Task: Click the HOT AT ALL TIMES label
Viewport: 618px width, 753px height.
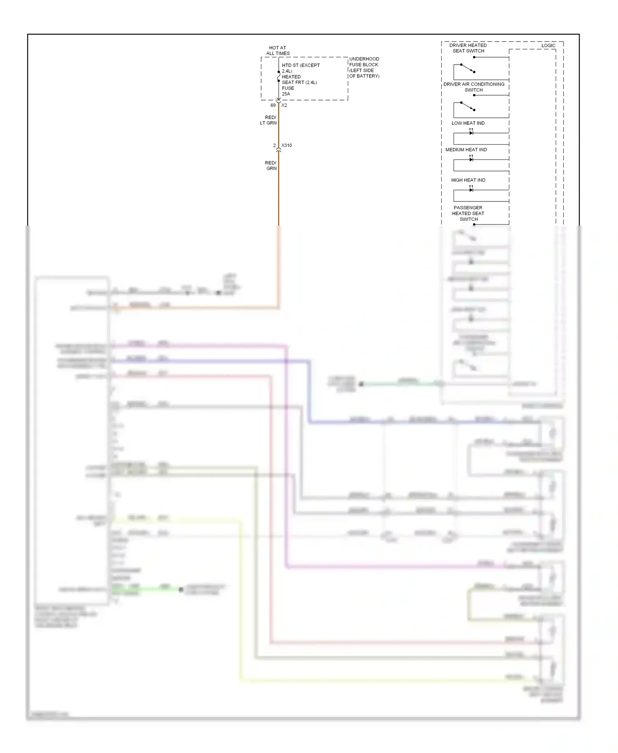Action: click(x=278, y=51)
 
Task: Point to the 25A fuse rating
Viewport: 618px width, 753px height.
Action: click(x=286, y=94)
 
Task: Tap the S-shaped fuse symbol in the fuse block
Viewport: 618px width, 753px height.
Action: click(x=279, y=76)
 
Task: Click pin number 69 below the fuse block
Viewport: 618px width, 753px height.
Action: click(x=273, y=105)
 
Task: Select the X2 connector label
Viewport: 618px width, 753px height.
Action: click(x=284, y=105)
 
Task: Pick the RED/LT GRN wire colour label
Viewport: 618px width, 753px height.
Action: click(x=269, y=120)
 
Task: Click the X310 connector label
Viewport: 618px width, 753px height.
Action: click(x=287, y=145)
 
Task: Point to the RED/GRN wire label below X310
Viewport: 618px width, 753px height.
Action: click(x=271, y=166)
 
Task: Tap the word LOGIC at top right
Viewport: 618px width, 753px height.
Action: click(x=548, y=46)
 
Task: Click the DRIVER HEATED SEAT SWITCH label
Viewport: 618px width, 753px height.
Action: click(x=468, y=48)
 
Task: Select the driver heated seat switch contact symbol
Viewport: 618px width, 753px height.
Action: click(x=468, y=68)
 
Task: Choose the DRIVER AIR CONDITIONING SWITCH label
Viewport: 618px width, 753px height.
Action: click(x=474, y=87)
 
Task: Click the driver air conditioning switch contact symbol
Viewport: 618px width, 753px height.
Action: click(x=468, y=106)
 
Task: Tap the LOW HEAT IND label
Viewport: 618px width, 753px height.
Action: click(x=468, y=123)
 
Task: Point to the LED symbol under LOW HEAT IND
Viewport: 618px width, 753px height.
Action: click(x=471, y=132)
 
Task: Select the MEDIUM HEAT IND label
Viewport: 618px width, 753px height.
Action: click(x=466, y=150)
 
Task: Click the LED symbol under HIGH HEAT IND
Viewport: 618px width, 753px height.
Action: click(x=471, y=189)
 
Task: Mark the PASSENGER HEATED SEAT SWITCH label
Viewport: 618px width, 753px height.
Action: click(x=468, y=213)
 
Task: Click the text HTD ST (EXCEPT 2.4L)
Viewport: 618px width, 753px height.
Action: click(x=300, y=68)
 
